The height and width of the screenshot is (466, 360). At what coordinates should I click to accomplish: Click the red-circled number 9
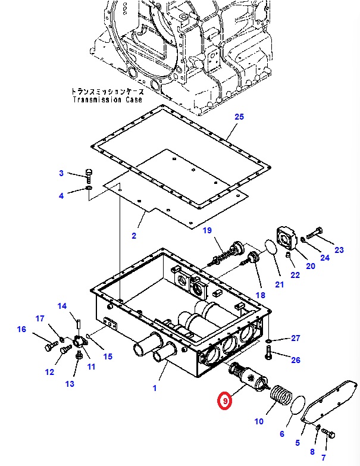coord(225,401)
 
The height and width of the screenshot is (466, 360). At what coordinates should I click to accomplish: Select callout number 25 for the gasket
coord(239,117)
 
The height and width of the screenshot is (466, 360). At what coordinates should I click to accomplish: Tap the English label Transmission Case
coord(108,99)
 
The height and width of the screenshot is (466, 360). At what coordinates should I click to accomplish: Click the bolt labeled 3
coord(89,176)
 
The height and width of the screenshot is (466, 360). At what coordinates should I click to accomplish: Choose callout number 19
coord(207,230)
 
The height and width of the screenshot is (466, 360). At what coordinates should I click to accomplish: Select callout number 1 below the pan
coord(155,388)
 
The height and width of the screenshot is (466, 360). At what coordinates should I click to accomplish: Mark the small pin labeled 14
coord(79,323)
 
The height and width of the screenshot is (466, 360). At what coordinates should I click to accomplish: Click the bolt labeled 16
coord(51,346)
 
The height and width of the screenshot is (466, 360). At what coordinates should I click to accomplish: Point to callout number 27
coord(296,338)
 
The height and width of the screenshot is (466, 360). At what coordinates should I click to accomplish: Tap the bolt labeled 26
coord(268,352)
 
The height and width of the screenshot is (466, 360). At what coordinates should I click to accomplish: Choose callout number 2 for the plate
coord(134,236)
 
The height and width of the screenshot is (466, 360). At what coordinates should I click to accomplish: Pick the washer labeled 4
coord(89,188)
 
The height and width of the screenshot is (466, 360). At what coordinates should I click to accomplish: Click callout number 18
coord(261,295)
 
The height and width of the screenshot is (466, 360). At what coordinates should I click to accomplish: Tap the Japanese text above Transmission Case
coord(108,91)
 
